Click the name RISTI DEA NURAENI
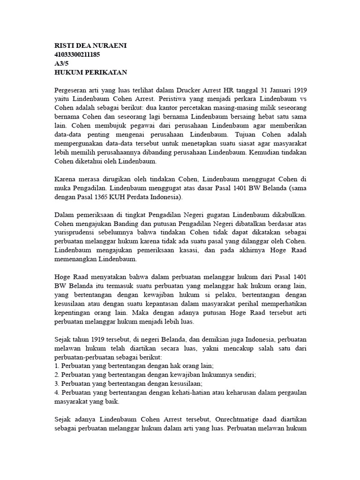91,45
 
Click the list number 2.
57,375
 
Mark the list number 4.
57,392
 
